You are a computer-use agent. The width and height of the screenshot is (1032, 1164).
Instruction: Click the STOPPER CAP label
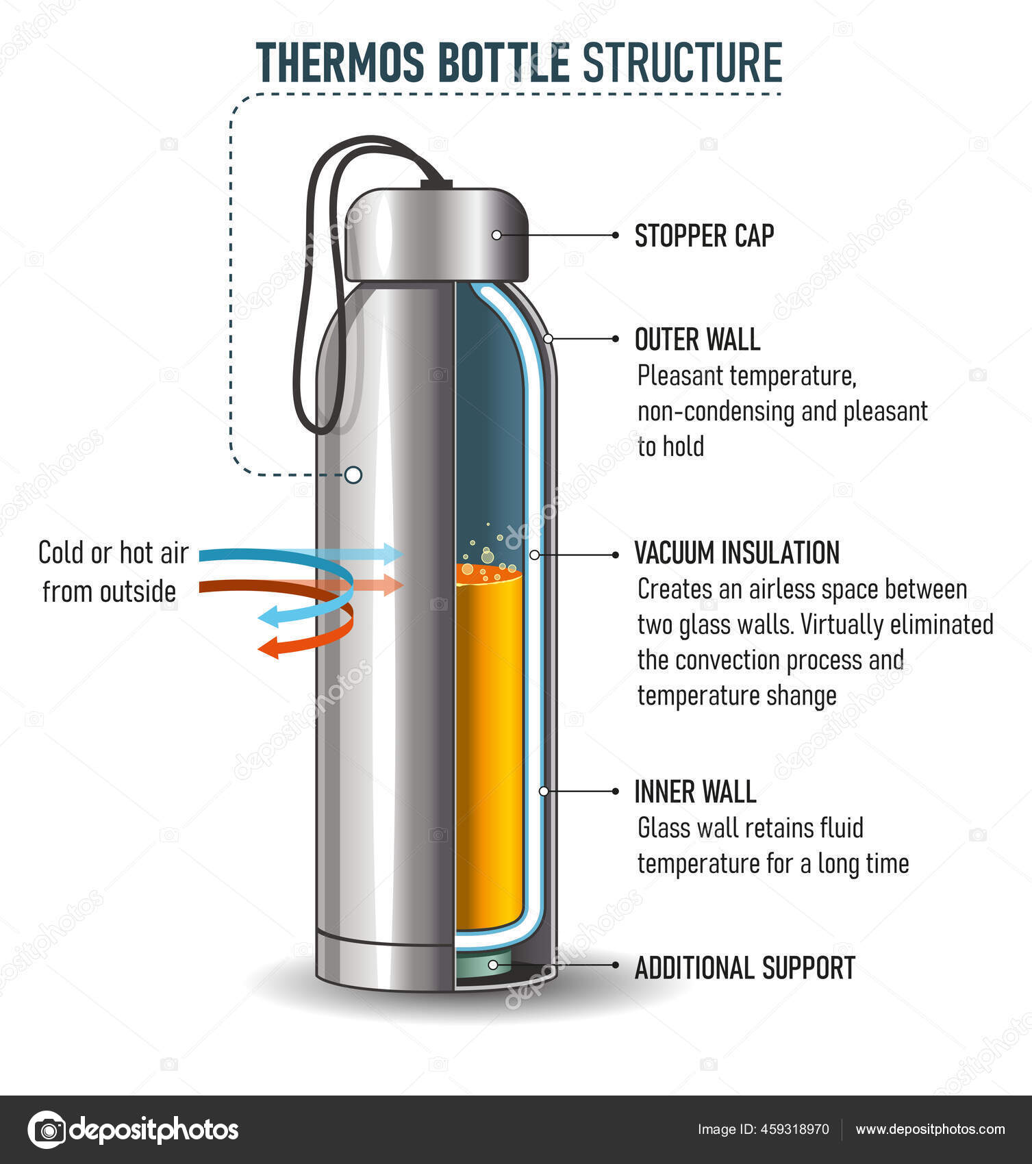pyautogui.click(x=704, y=236)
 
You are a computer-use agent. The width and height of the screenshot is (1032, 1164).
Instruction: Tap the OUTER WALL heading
pyautogui.click(x=697, y=340)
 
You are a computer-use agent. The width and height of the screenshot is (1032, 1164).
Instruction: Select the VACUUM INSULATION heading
pyautogui.click(x=737, y=553)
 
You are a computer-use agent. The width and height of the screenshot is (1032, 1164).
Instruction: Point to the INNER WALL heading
pyautogui.click(x=695, y=792)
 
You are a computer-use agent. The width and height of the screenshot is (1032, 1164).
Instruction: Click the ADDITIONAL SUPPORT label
pyautogui.click(x=745, y=967)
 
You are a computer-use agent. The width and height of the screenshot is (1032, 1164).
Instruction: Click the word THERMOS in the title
pyautogui.click(x=340, y=62)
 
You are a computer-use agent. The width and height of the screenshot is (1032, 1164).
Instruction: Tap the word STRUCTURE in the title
pyautogui.click(x=682, y=62)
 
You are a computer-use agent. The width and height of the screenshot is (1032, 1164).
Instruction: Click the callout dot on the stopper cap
pyautogui.click(x=496, y=235)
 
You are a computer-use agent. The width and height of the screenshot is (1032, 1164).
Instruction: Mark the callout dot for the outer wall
pyautogui.click(x=548, y=338)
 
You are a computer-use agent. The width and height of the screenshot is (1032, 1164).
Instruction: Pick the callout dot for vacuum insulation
pyautogui.click(x=534, y=555)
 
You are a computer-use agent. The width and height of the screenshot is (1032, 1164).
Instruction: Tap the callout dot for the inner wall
pyautogui.click(x=544, y=791)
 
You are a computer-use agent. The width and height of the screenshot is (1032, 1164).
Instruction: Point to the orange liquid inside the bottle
pyautogui.click(x=489, y=746)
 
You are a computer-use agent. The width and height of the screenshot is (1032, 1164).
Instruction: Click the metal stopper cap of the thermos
pyautogui.click(x=436, y=234)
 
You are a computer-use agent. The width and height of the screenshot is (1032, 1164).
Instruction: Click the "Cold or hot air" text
pyautogui.click(x=113, y=553)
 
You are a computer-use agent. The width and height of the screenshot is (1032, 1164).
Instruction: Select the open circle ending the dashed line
pyautogui.click(x=353, y=475)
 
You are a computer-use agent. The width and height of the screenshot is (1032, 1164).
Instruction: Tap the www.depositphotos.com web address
pyautogui.click(x=930, y=1129)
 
